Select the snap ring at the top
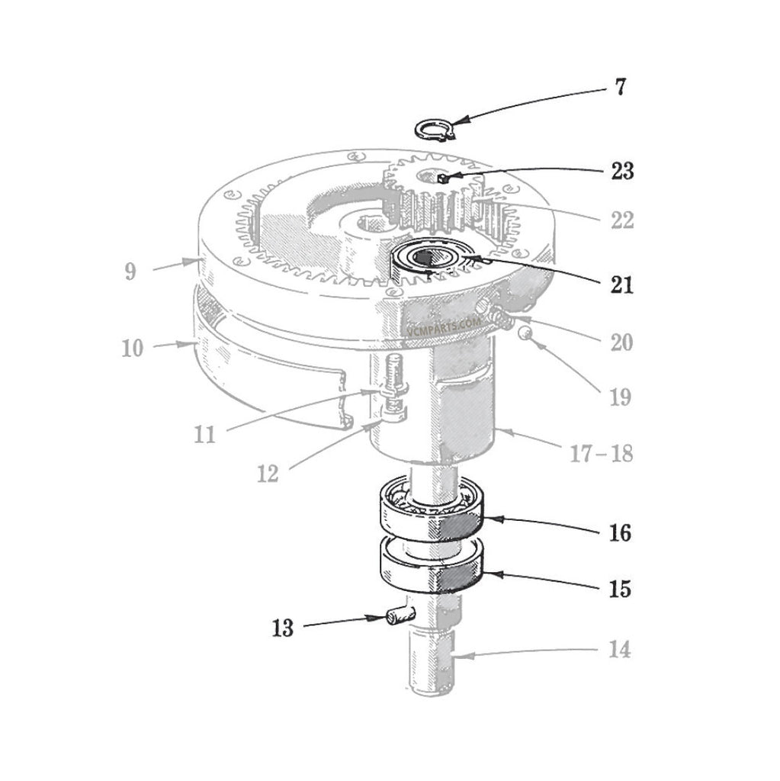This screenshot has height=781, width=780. (x=434, y=129)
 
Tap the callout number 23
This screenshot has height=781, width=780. (x=621, y=172)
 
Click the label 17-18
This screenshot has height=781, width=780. (x=602, y=455)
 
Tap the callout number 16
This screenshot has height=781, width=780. (x=620, y=532)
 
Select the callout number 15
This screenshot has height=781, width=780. (x=620, y=590)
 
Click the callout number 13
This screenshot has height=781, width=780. (x=282, y=629)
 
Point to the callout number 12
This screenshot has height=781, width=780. (x=268, y=474)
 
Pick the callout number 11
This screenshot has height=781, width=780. (x=204, y=435)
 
